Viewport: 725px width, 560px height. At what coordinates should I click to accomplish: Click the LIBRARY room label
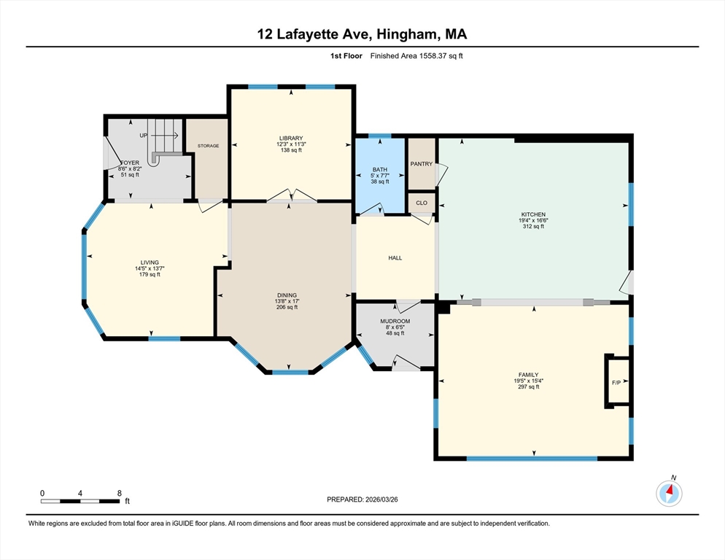290,138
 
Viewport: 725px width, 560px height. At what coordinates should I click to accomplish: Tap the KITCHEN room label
532,214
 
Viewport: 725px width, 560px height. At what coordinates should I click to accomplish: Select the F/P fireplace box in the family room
616,382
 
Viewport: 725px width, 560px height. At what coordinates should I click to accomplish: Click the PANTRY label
421,163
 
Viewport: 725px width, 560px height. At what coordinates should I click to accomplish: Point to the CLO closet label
421,203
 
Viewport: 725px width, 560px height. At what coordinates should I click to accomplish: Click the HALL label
395,257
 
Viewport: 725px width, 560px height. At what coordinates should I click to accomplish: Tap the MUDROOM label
395,321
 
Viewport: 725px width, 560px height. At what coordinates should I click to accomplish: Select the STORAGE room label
208,146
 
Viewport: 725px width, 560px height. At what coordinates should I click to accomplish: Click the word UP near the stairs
143,136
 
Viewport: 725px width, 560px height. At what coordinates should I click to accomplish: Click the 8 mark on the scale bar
120,493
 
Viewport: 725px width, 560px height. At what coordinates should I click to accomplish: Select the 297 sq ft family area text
533,387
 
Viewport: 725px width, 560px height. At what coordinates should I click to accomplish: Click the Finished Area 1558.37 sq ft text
416,55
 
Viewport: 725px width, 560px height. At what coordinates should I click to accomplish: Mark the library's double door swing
290,195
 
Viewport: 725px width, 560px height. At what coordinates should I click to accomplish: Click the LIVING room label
150,262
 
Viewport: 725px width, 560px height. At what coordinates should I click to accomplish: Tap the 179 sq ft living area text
150,276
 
